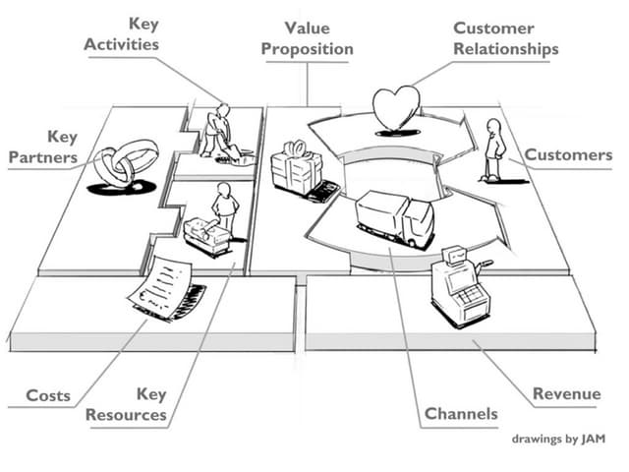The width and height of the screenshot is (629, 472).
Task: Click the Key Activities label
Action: point(122,33)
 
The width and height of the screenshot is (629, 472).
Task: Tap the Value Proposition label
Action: point(306,38)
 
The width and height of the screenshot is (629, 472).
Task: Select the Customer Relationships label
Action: point(506,38)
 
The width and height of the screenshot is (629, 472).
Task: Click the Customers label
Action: point(567,155)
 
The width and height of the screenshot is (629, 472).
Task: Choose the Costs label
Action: point(48,395)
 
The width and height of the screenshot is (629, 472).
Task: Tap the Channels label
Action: point(461,414)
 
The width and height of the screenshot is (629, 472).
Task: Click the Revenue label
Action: point(566,394)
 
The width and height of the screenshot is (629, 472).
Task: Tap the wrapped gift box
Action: point(296,169)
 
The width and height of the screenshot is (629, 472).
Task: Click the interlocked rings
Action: point(127,163)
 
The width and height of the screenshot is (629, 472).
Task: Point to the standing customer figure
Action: point(493,148)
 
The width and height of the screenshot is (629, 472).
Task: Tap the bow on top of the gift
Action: point(296,148)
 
